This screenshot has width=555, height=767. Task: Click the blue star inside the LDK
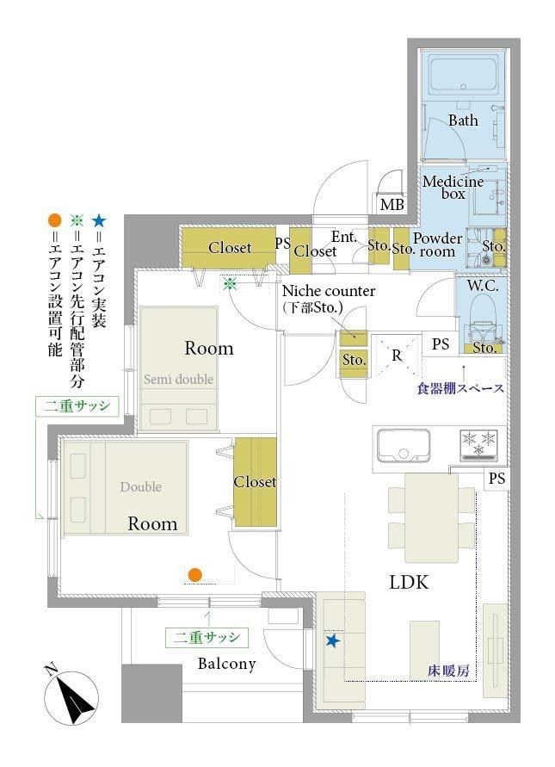(332, 640)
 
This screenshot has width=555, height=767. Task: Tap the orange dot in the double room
(195, 574)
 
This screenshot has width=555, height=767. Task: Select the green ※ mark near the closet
(230, 284)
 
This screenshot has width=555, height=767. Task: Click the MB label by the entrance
(392, 205)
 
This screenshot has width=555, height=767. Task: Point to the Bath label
(463, 121)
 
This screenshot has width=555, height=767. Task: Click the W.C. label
(483, 286)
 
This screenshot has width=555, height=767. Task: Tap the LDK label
(409, 583)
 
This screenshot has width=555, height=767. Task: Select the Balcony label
(227, 664)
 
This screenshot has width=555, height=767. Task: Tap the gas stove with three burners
(478, 446)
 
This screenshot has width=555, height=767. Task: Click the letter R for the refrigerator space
(397, 356)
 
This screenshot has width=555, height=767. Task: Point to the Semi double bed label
(178, 379)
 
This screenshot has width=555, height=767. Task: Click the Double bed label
(141, 486)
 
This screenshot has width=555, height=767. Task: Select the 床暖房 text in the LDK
(448, 671)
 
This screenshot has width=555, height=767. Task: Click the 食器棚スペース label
(460, 388)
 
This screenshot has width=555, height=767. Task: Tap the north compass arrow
(71, 697)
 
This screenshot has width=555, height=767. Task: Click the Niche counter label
(329, 291)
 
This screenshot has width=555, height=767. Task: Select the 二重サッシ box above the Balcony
(207, 638)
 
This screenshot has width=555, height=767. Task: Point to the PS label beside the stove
(496, 478)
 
